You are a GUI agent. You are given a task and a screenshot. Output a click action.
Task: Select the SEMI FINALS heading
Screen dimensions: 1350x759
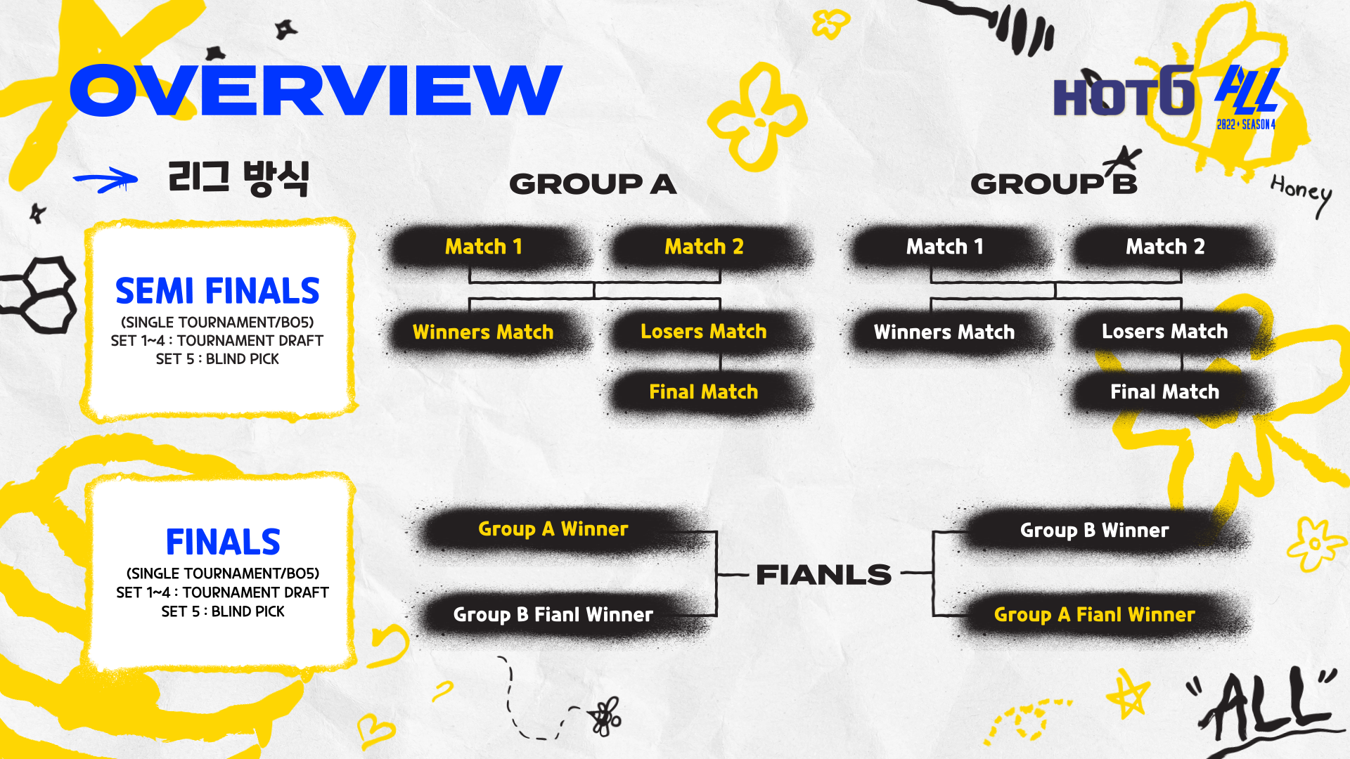[x=217, y=291]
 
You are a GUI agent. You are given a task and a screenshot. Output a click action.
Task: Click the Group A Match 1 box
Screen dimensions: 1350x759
[x=484, y=247]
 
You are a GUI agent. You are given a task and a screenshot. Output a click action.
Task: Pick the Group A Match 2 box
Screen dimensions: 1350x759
[x=704, y=247]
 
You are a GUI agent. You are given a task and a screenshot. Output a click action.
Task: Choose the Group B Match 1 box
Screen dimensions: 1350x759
[x=944, y=247]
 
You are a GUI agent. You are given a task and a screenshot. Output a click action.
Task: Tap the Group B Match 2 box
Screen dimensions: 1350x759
[x=1165, y=247]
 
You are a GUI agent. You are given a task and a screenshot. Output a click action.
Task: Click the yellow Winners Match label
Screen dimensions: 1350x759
[x=483, y=332]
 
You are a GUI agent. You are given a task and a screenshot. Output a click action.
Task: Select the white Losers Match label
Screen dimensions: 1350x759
[x=1164, y=332]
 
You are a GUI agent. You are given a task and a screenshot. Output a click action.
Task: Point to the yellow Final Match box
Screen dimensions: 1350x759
[x=704, y=392]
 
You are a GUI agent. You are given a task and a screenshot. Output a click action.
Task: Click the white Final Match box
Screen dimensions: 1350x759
[x=1164, y=392]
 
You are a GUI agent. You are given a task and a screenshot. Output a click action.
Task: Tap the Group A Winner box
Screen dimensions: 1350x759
[x=553, y=529]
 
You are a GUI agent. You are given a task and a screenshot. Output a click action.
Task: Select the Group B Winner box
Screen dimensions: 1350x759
[x=1094, y=531]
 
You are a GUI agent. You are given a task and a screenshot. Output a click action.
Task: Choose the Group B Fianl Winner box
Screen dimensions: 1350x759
[x=553, y=615]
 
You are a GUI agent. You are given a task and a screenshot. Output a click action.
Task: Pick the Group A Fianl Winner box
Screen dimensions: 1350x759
[x=1094, y=615]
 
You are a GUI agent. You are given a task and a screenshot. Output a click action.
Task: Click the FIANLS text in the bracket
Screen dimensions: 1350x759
[x=823, y=575]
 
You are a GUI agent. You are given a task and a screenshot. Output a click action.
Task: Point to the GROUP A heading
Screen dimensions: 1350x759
[x=593, y=184]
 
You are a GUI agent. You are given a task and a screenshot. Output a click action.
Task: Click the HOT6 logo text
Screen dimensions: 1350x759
[x=1124, y=95]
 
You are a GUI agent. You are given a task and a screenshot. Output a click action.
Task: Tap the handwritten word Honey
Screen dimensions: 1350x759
[x=1301, y=191]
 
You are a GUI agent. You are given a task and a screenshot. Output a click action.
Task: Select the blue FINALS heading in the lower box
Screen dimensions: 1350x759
[x=223, y=542]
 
